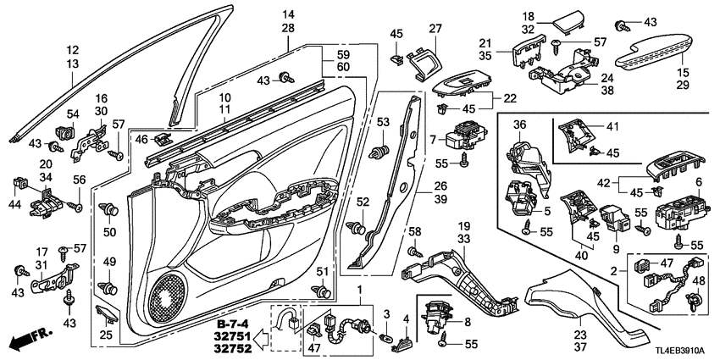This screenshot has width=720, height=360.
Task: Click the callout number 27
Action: pyautogui.click(x=436, y=28)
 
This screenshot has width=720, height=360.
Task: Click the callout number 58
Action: pyautogui.click(x=413, y=231)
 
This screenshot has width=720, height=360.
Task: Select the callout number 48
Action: pyautogui.click(x=699, y=280)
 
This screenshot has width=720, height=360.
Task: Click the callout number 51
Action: pyautogui.click(x=321, y=270)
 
